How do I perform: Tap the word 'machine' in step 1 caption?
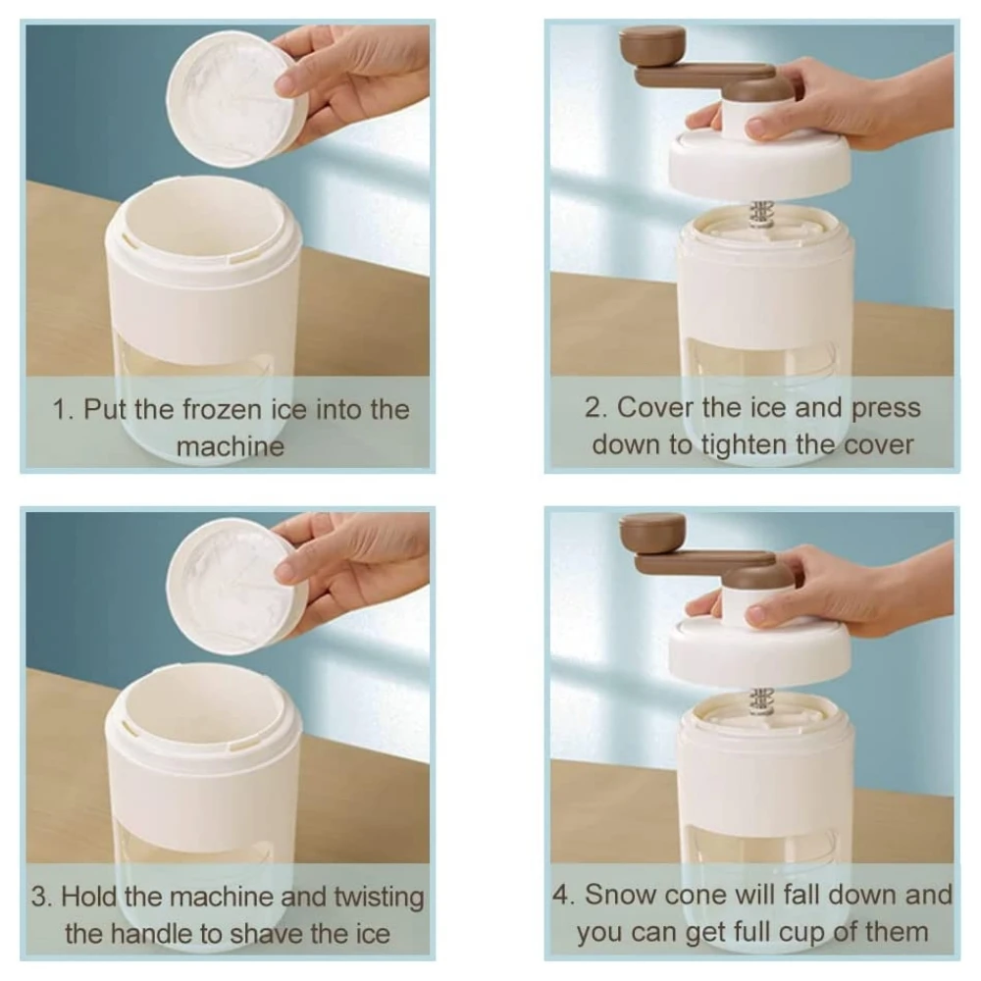click(231, 446)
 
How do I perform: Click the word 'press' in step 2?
click(887, 409)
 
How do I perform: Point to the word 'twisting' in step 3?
click(379, 898)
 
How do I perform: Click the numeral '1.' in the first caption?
click(64, 410)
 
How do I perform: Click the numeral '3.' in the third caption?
click(42, 898)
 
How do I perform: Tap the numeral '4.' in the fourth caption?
click(564, 895)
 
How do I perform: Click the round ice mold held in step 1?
click(236, 99)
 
